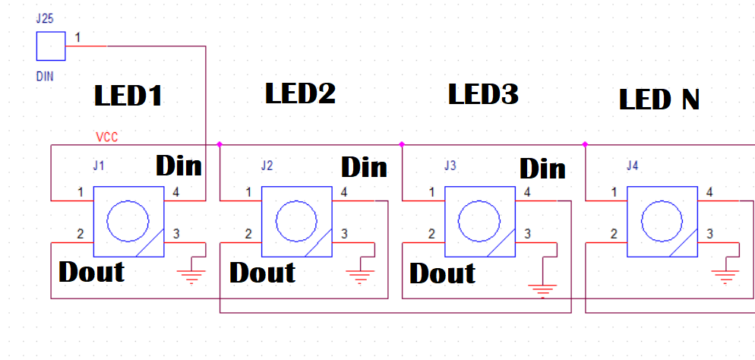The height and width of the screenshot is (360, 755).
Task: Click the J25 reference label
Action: pyautogui.click(x=45, y=17)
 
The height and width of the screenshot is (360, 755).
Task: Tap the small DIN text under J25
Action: pyautogui.click(x=45, y=76)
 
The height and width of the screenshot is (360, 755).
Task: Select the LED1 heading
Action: pyautogui.click(x=128, y=96)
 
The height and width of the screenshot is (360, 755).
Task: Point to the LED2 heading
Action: pyautogui.click(x=300, y=93)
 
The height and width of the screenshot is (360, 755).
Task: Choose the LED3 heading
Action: pyautogui.click(x=483, y=94)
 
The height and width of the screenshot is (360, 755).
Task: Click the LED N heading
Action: pyautogui.click(x=659, y=99)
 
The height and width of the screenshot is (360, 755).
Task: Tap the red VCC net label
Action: pyautogui.click(x=106, y=137)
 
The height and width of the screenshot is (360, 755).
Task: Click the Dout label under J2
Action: pyautogui.click(x=263, y=272)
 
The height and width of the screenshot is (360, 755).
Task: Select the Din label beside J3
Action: pyautogui.click(x=542, y=168)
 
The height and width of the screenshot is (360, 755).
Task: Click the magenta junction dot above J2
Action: pyautogui.click(x=220, y=144)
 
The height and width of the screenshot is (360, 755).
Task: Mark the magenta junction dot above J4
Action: pyautogui.click(x=586, y=144)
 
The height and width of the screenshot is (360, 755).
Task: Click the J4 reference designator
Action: pyautogui.click(x=632, y=166)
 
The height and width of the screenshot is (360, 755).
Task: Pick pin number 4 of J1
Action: pyautogui.click(x=176, y=192)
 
